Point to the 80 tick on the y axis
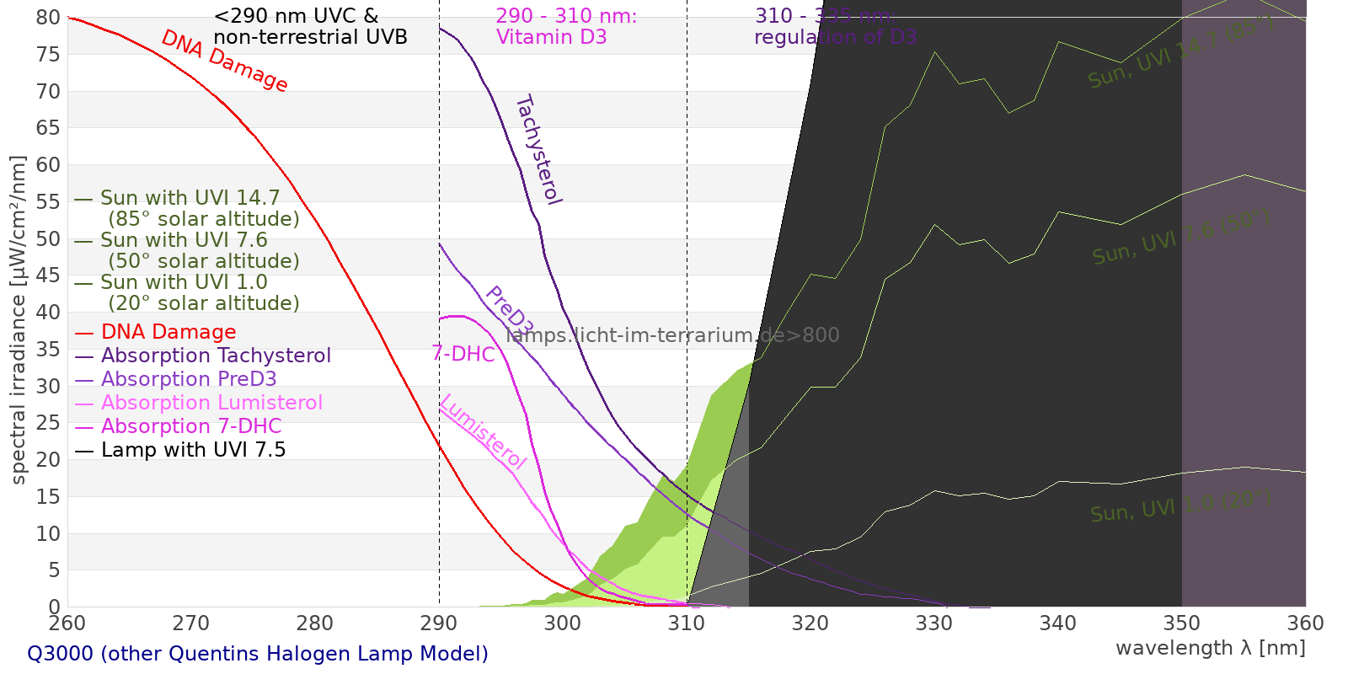coord(49,18)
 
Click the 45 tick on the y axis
coord(49,275)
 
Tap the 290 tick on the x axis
coord(439,623)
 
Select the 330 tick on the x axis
coord(934,623)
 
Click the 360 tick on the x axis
coord(1306,623)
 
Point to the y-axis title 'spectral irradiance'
coord(19,320)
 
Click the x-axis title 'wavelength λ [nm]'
coord(1210,648)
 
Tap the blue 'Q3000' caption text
coord(258,654)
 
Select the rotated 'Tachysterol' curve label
coord(538,150)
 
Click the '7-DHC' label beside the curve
coord(463,355)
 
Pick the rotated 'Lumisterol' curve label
coord(483,431)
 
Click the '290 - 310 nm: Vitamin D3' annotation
coord(566,27)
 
